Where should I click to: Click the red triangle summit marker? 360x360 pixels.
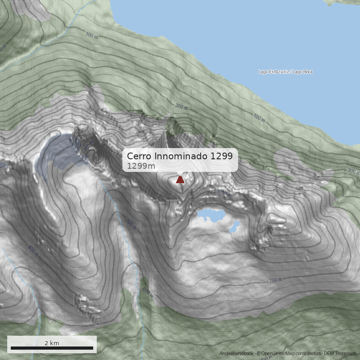[180, 180]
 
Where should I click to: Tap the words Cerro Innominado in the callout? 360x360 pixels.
[166, 156]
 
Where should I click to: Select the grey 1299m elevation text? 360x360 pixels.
[141, 166]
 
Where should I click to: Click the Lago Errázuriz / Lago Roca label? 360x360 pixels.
[285, 72]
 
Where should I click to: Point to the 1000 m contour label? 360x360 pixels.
[224, 193]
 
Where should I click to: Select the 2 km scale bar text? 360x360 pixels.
[52, 343]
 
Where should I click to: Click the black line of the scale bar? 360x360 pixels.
[52, 348]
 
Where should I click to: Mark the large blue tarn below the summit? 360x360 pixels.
[211, 215]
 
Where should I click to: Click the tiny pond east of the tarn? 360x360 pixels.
[234, 226]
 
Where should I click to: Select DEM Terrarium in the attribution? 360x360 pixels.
[341, 354]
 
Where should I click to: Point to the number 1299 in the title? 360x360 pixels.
[220, 156]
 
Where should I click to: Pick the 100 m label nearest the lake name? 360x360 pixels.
[259, 118]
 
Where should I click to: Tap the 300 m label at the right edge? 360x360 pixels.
[353, 171]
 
